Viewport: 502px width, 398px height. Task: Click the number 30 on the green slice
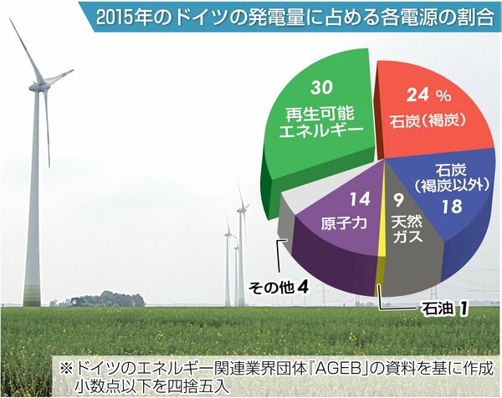pos(322,87)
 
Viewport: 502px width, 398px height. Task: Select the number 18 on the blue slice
pos(453,207)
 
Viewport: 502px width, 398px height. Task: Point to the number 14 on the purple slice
pos(360,199)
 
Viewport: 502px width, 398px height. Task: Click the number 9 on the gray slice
pos(397,201)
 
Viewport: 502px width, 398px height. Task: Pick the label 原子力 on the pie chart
pos(344,223)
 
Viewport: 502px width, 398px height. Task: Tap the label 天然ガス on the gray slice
pos(407,229)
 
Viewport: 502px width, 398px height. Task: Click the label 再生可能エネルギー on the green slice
pos(321,123)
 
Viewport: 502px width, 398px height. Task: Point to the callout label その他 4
pos(279,288)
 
